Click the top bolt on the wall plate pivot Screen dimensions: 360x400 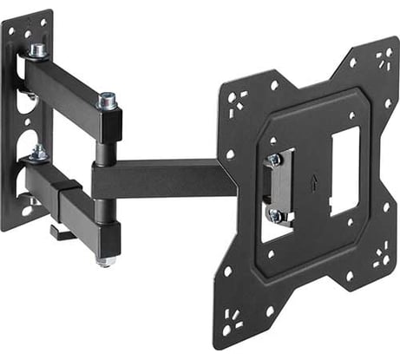[x=37, y=50]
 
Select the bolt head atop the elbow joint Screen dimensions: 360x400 [x=108, y=101]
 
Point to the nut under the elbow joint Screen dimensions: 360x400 [x=107, y=258]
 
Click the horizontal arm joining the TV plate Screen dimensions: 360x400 [x=165, y=177]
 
